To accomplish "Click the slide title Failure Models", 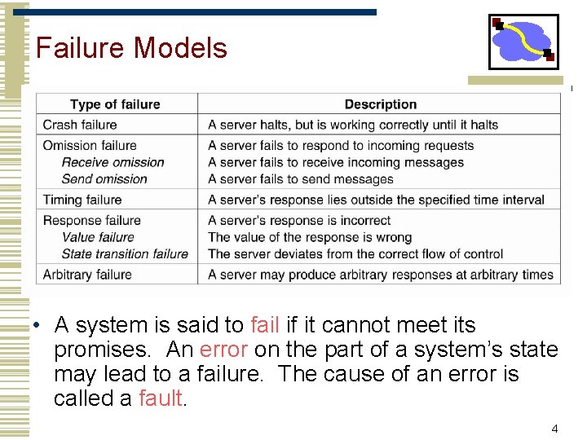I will [x=131, y=48].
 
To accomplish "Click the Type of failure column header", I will [x=115, y=104].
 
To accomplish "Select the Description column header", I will [x=380, y=104].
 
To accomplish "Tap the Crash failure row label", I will [x=80, y=125].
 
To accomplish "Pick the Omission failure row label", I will [x=90, y=145].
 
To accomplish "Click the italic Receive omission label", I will [x=113, y=162].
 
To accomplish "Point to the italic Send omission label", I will [x=104, y=178].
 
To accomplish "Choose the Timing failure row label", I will [x=82, y=200].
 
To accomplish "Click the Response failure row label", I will [x=91, y=220].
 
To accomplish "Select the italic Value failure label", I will [x=98, y=237].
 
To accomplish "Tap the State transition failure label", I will [x=125, y=253].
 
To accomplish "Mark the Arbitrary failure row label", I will [x=87, y=275].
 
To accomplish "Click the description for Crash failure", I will [x=353, y=125].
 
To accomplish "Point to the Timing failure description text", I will [x=376, y=200].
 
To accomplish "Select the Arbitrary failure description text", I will [x=381, y=275].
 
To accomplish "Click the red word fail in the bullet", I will [x=265, y=325].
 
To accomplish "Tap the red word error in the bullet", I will [x=223, y=350].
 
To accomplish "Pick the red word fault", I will [x=162, y=398].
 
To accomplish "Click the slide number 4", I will [x=554, y=429].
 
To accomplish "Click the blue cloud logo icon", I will [x=523, y=42].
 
